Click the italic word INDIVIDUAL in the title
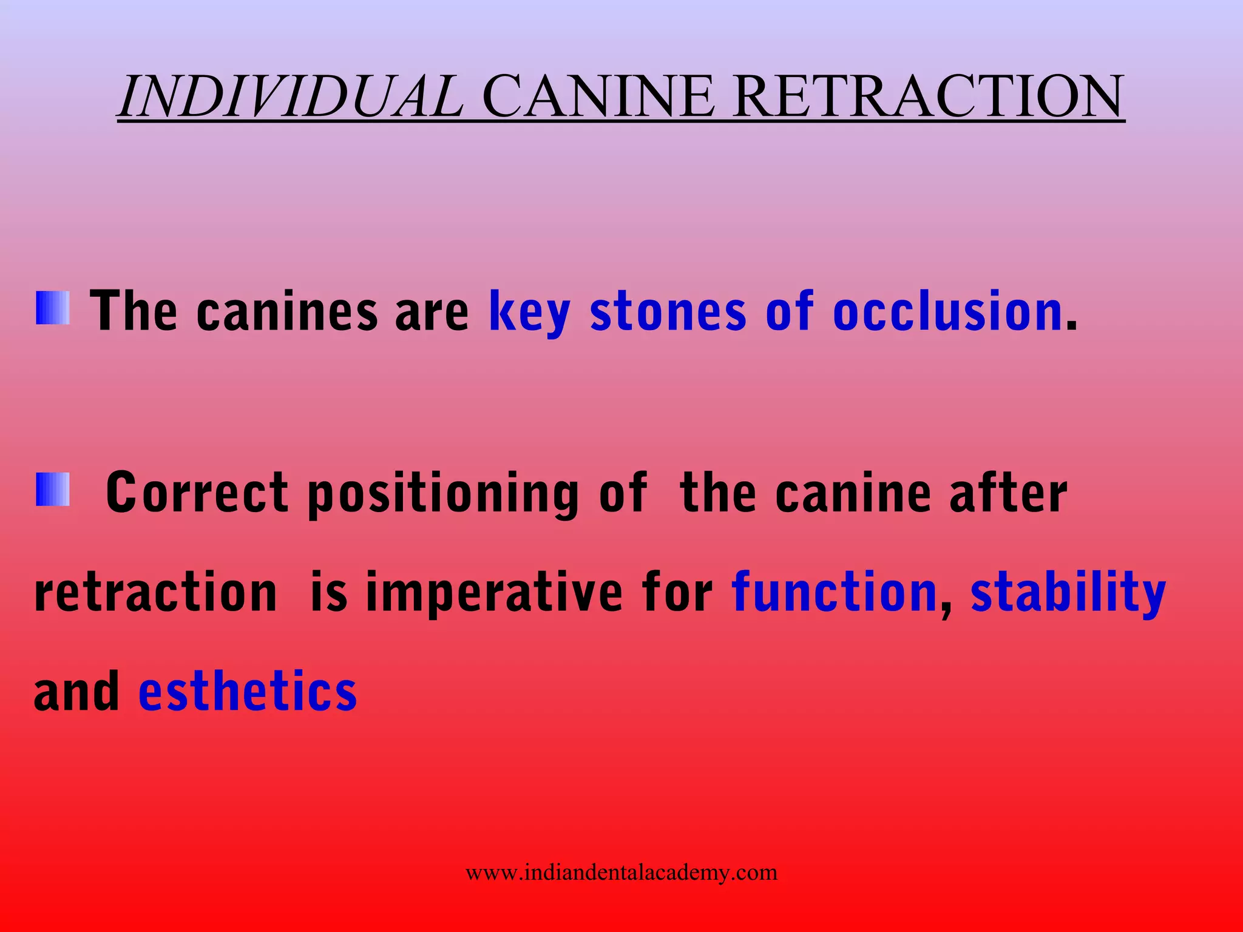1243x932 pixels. (x=291, y=97)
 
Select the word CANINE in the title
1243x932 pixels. (x=598, y=97)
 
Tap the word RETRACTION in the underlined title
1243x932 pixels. (x=928, y=97)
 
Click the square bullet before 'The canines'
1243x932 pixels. (x=53, y=308)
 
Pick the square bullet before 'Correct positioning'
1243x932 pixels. (x=53, y=490)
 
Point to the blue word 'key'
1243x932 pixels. (x=529, y=312)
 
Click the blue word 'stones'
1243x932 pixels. (x=668, y=312)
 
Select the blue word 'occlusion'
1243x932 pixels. (x=947, y=312)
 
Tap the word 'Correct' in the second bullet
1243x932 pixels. (x=197, y=493)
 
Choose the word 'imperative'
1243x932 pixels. (x=494, y=593)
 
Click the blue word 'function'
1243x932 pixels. (x=835, y=592)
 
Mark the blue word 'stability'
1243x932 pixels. (x=1068, y=593)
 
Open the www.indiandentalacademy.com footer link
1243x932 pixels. (x=621, y=873)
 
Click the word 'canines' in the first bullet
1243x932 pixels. (x=286, y=312)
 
